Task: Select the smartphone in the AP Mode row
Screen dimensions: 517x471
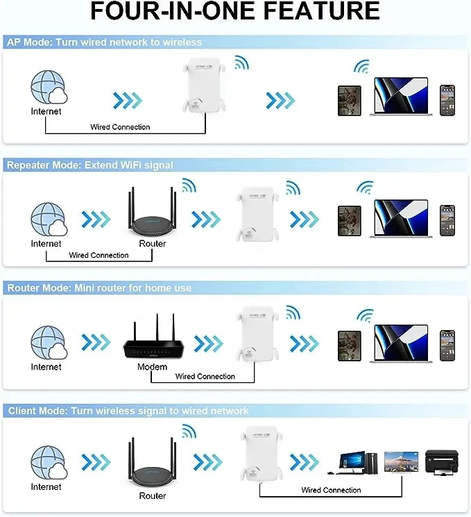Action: (447, 100)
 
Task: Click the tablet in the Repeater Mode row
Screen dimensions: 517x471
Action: (350, 220)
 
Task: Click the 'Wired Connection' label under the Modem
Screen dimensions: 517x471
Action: (205, 377)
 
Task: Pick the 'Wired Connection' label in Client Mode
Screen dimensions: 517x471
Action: (331, 491)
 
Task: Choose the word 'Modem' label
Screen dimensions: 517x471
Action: (152, 367)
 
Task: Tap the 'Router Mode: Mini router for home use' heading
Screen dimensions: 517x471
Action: (99, 288)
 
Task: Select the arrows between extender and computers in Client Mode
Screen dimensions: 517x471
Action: (304, 461)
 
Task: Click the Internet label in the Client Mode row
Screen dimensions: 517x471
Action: (46, 487)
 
